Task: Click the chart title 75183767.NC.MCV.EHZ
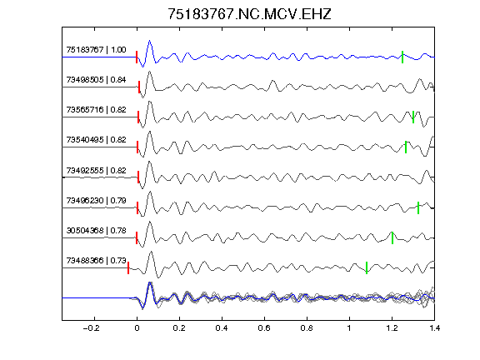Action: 249,14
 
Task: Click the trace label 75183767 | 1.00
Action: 96,50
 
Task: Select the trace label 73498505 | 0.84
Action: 96,80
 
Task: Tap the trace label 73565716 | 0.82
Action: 96,110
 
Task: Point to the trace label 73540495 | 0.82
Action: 96,140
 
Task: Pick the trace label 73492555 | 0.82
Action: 96,170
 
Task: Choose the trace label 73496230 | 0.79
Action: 96,201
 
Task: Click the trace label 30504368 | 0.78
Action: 96,230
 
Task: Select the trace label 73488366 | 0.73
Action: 96,260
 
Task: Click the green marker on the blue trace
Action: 402,57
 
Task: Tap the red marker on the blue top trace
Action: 137,57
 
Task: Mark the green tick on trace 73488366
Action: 367,267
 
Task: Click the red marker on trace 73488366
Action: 128,267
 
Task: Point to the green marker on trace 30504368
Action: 392,237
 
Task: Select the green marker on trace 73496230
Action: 418,207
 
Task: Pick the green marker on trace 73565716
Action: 413,117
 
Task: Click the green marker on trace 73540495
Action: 406,147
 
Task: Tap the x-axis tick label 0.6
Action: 264,328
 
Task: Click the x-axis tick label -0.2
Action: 92,328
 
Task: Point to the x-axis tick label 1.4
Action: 434,328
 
